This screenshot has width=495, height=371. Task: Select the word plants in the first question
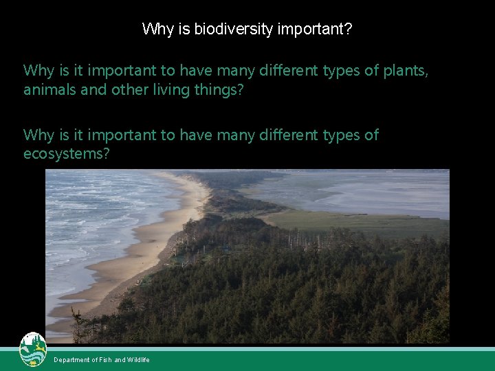[405, 71]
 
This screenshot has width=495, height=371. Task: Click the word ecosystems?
[67, 153]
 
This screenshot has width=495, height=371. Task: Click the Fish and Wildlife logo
[33, 350]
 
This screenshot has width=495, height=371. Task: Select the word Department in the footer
[71, 360]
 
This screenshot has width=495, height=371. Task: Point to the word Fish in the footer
[104, 360]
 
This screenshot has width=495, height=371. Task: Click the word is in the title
[184, 29]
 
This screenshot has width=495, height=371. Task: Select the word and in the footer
[120, 360]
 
